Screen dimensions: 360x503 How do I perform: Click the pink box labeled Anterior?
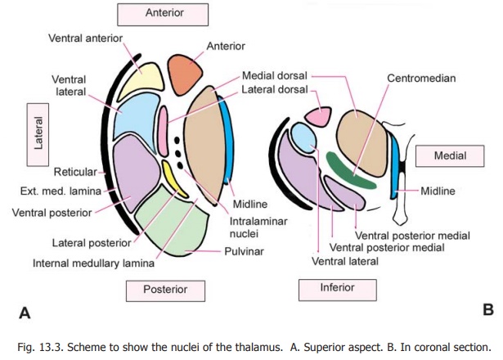(164, 13)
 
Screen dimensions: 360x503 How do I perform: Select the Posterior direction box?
(164, 289)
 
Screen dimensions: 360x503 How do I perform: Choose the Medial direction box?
(450, 155)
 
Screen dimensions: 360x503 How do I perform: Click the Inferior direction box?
(338, 289)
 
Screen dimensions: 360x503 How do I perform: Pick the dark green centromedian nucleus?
(350, 168)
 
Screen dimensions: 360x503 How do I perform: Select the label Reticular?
(75, 172)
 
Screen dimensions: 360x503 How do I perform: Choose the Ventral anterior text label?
(86, 38)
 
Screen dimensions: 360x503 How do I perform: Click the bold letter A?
(25, 312)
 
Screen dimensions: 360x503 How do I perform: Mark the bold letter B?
(488, 310)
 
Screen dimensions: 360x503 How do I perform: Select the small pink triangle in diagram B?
(319, 117)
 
